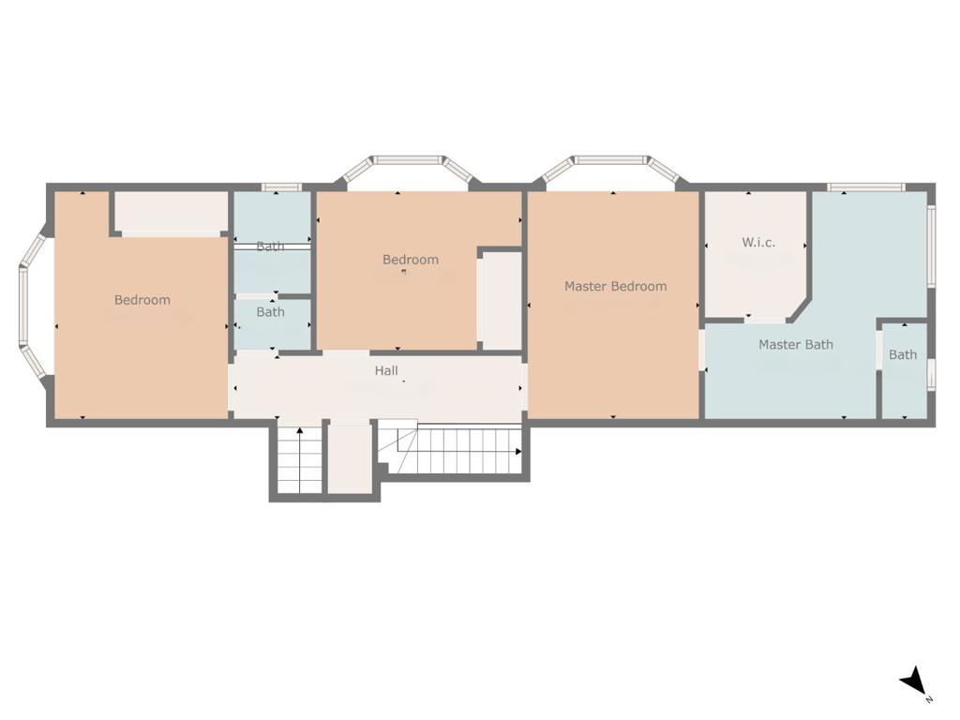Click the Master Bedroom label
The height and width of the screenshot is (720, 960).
[615, 286]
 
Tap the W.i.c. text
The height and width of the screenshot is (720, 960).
[757, 242]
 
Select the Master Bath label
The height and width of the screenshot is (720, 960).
[795, 344]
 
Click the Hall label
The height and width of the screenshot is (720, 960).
[386, 370]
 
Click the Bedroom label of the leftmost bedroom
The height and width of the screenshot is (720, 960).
[142, 299]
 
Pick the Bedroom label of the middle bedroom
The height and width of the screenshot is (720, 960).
[411, 260]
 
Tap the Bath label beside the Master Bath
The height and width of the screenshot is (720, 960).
[903, 354]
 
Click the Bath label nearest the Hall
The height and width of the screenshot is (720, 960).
[270, 311]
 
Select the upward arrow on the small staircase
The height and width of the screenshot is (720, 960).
[300, 459]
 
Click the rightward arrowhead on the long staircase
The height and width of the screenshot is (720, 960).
[518, 452]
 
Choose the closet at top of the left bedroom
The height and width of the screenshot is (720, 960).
[172, 213]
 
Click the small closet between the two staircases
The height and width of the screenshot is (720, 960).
[350, 457]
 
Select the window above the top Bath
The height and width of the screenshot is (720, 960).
[281, 187]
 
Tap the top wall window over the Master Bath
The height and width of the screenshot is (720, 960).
[865, 187]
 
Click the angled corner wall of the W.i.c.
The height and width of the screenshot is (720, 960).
[799, 309]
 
